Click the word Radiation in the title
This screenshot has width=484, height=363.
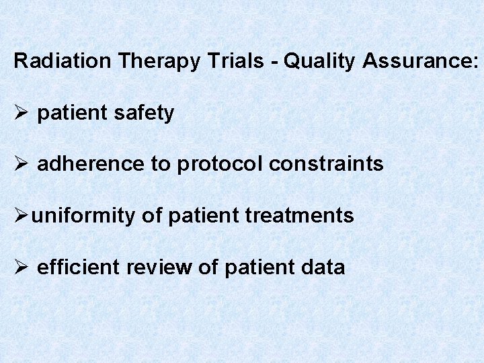[x=63, y=61]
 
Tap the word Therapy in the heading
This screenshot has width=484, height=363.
[x=159, y=61]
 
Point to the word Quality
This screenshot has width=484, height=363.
[x=319, y=61]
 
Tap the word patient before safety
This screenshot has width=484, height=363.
[x=71, y=114]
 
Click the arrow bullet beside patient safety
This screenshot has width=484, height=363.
[x=21, y=114]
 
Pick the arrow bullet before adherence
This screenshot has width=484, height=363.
[x=21, y=164]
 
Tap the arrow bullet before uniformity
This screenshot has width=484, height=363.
[x=21, y=216]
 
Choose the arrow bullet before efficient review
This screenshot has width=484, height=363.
[x=21, y=268]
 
